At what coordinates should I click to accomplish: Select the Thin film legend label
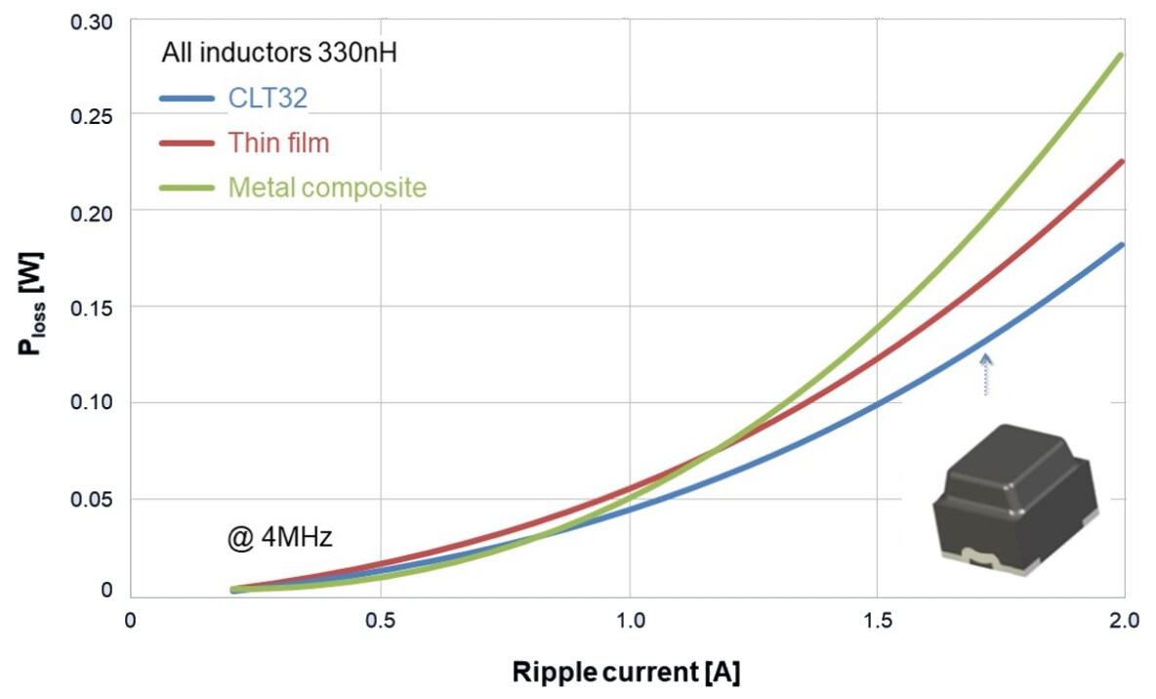click(x=278, y=143)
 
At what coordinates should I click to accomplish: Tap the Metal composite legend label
click(x=327, y=186)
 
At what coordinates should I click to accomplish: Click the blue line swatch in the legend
click(x=186, y=99)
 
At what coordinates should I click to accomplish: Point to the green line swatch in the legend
click(x=186, y=186)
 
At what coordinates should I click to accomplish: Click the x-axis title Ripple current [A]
click(x=628, y=673)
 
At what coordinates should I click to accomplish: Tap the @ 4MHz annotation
click(x=279, y=537)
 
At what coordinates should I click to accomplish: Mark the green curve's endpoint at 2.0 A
click(x=1123, y=56)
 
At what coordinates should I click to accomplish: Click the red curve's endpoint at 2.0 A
click(x=1123, y=162)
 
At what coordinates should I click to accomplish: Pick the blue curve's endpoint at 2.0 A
click(x=1123, y=245)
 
